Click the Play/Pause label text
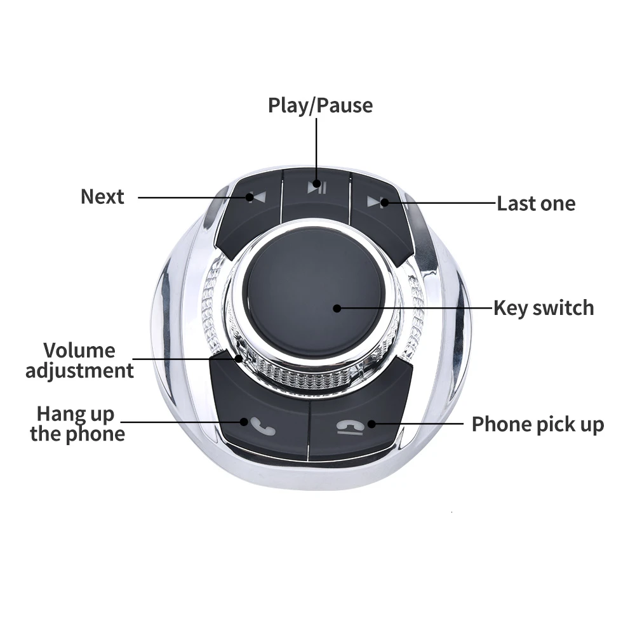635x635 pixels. point(320,105)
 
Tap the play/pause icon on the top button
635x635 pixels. point(316,187)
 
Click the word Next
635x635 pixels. point(102,197)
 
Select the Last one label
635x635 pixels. point(536,204)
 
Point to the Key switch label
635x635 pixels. point(544,308)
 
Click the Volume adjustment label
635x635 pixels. point(79,360)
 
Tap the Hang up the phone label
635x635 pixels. point(77,424)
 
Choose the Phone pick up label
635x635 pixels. point(537,424)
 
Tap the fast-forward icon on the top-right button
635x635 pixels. point(375,203)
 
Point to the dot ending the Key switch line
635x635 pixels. point(337,309)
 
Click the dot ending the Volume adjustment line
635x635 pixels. point(239,359)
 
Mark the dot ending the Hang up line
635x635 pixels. point(244,420)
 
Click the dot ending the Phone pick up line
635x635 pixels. point(371,423)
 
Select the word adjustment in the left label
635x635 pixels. point(79,371)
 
